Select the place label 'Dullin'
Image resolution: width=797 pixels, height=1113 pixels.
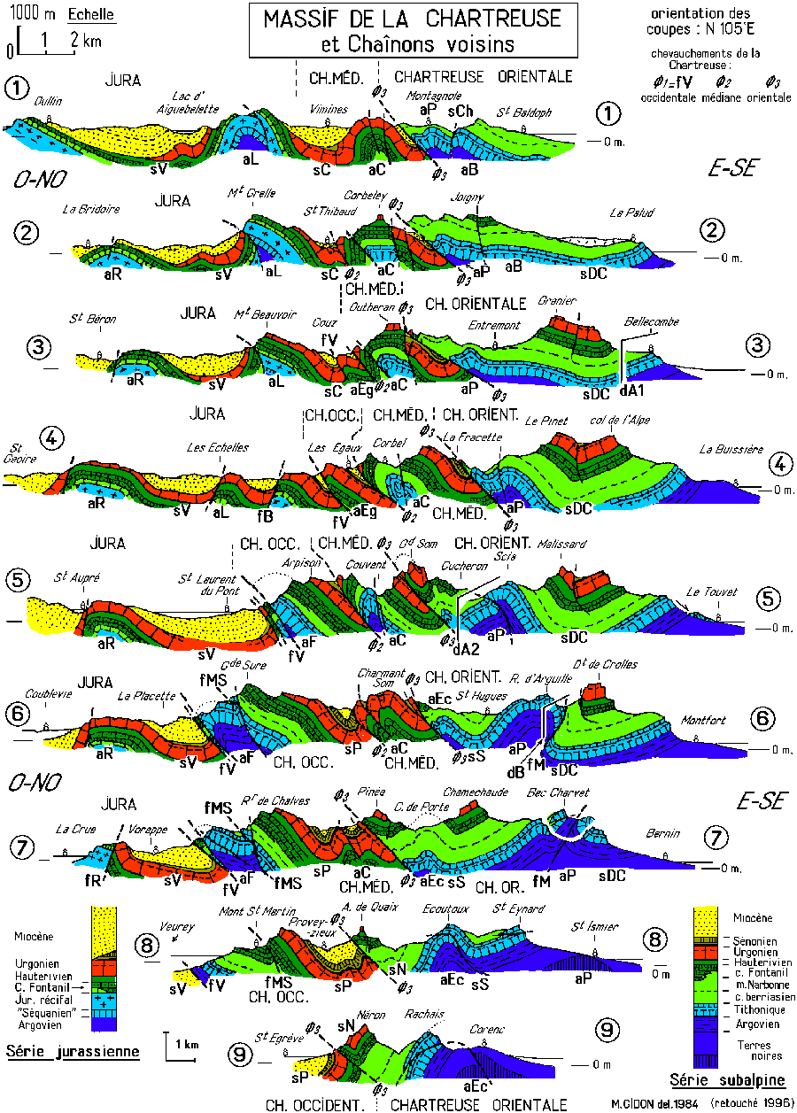coord(48,101)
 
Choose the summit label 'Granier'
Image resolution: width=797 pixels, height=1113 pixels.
coord(552,301)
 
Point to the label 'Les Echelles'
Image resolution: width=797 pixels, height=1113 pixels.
coord(217,446)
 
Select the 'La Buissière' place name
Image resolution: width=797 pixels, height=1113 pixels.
coord(729,449)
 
